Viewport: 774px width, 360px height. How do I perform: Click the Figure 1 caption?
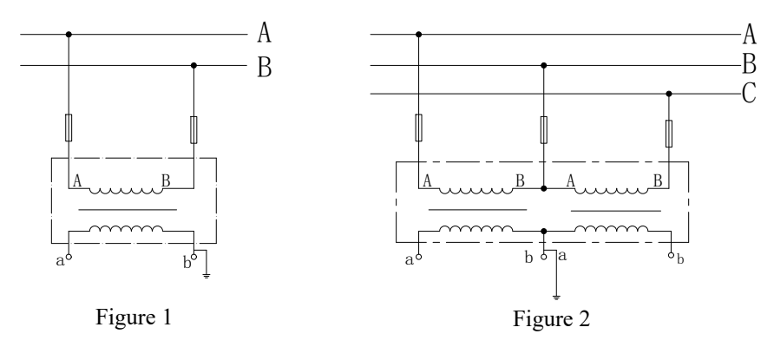click(x=134, y=317)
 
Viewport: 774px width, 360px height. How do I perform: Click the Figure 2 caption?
click(x=551, y=318)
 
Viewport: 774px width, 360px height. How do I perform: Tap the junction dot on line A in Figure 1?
click(x=69, y=35)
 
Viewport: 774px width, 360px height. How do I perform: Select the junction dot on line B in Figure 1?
click(x=193, y=66)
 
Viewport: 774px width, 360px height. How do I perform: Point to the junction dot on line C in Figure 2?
click(x=669, y=94)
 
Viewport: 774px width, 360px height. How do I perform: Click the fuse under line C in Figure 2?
click(x=669, y=134)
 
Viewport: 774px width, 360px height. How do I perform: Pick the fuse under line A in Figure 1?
click(x=69, y=128)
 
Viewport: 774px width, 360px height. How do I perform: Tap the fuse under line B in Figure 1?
click(x=193, y=130)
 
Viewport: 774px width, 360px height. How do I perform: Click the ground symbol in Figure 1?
click(x=207, y=275)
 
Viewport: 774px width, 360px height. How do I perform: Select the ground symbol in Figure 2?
click(x=556, y=297)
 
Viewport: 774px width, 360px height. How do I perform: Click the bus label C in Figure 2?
click(x=750, y=93)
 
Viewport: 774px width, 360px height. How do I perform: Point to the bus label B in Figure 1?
click(x=265, y=67)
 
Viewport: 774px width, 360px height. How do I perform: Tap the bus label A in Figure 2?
click(x=750, y=34)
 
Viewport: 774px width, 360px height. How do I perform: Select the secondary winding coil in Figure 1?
click(x=126, y=229)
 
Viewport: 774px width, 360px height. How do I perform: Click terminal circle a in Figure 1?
click(x=69, y=257)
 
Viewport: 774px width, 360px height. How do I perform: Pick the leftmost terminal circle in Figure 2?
click(x=418, y=257)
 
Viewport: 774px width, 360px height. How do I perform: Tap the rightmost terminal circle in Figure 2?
click(x=671, y=255)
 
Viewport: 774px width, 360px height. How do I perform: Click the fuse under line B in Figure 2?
click(x=543, y=130)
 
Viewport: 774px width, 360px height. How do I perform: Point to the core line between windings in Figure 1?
click(x=128, y=210)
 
